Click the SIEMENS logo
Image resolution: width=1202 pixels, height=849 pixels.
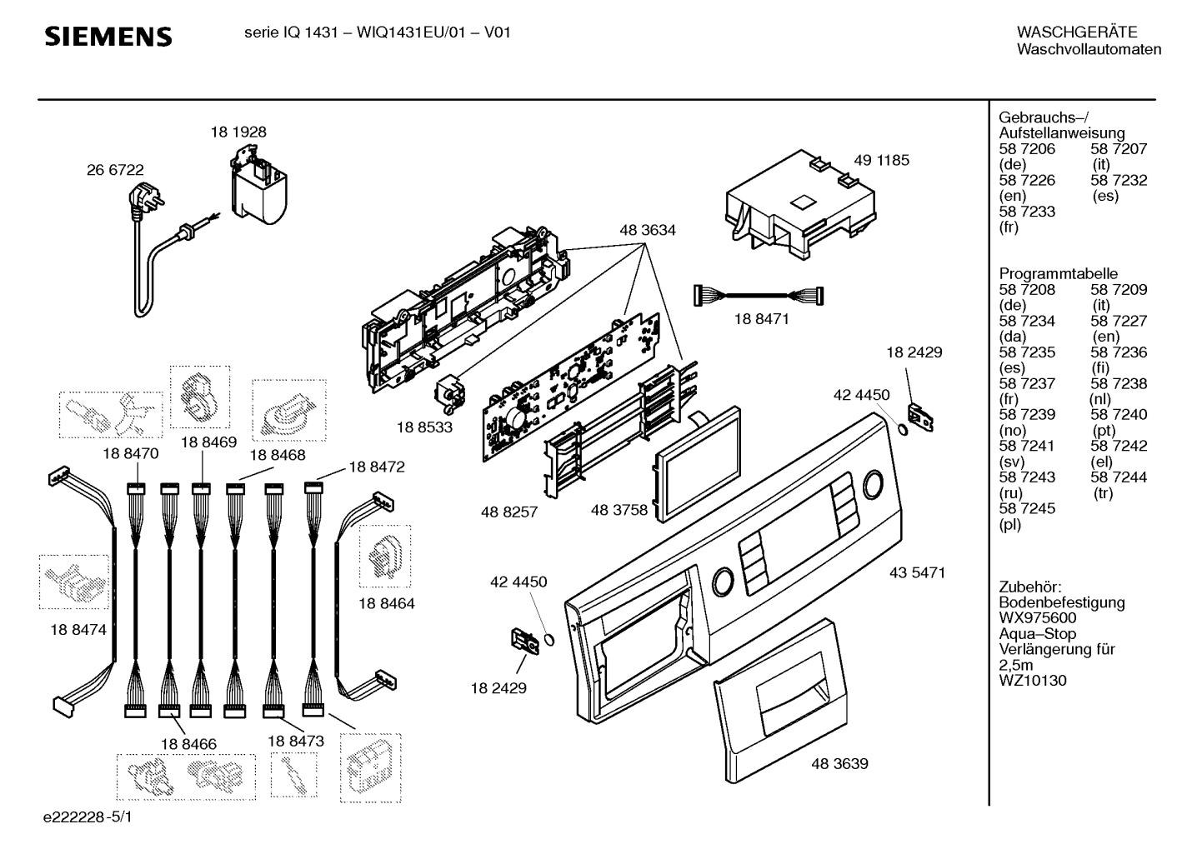click(108, 37)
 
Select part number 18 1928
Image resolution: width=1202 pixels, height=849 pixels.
click(238, 132)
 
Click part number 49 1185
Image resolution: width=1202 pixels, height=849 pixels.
click(882, 160)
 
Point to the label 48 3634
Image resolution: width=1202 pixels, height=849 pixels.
click(648, 230)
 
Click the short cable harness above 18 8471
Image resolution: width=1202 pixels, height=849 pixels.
click(759, 296)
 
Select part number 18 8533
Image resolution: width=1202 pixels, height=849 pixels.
click(424, 427)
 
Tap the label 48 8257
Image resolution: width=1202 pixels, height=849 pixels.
click(509, 512)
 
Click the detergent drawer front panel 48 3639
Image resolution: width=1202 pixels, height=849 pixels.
click(782, 700)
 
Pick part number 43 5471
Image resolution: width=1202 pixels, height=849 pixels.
click(917, 572)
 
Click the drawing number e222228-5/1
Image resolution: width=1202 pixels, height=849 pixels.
click(88, 817)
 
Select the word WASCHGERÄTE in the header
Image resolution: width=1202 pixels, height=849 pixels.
click(1077, 32)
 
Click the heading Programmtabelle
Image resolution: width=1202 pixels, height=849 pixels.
click(1058, 273)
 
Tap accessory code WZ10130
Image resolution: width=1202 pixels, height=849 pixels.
click(1033, 681)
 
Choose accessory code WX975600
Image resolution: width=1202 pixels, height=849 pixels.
click(1037, 618)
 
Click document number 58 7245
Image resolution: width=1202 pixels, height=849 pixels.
click(1027, 508)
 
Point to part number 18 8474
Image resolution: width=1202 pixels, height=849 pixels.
click(78, 630)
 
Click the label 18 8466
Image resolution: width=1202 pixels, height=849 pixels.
click(189, 744)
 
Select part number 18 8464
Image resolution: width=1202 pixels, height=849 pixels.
click(387, 604)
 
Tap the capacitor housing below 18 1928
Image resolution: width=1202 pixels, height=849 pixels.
click(258, 187)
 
